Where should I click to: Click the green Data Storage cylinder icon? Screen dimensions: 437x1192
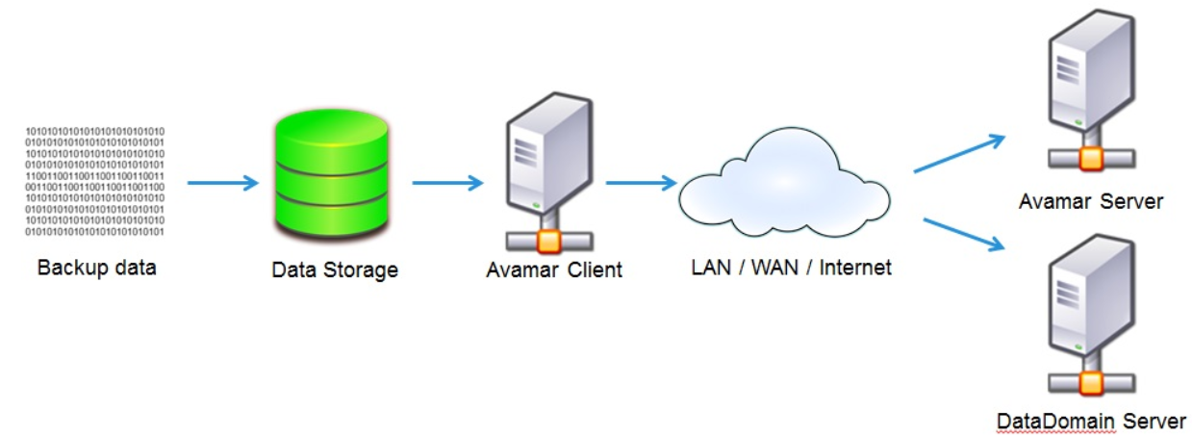(x=334, y=180)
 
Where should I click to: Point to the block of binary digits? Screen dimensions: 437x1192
(x=94, y=181)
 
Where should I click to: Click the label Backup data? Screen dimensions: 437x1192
(x=96, y=267)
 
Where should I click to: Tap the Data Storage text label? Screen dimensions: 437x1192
(x=334, y=270)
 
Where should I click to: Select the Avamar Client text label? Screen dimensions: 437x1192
(x=554, y=270)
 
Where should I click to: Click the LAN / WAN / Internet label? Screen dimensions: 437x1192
(x=791, y=267)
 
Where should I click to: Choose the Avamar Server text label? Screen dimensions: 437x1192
(x=1091, y=201)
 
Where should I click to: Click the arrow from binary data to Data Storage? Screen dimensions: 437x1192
(x=222, y=183)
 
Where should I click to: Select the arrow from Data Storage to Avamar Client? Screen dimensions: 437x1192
(x=447, y=183)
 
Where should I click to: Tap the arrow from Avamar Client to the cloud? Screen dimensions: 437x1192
(x=642, y=183)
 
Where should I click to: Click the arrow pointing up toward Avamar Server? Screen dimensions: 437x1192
(x=959, y=153)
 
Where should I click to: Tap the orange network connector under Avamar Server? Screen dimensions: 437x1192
(x=1089, y=158)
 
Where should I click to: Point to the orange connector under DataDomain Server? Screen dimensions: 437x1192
(x=1090, y=382)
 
